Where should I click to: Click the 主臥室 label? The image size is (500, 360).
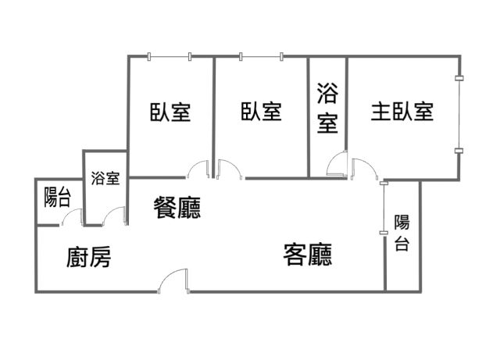pos(402,112)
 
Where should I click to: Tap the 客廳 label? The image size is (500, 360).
pos(308,255)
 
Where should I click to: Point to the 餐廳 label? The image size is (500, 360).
pos(177,208)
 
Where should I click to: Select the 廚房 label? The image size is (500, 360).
pos(89,258)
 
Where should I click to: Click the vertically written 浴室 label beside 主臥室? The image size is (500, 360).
pos(327,108)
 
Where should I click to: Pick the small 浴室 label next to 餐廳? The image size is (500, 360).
pos(105,179)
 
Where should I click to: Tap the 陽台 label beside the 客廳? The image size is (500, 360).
pos(402,233)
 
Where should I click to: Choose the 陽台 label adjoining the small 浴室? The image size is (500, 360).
pos(57,198)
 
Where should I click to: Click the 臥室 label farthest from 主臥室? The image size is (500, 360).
pos(170,112)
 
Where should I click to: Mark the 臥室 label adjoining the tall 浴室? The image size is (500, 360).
pos(261,112)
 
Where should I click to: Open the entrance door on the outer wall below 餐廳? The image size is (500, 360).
pos(173,280)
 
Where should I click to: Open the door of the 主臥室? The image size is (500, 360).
pos(365,169)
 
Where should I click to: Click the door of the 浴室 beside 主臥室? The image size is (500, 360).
pos(337,163)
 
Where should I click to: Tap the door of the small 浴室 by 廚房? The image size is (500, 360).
pos(113,216)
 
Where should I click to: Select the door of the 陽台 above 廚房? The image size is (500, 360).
pos(72,217)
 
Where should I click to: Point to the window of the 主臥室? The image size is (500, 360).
pos(459,115)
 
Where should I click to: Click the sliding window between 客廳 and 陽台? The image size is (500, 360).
pos(384,207)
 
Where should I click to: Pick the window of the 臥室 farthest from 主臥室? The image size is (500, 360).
pos(170,57)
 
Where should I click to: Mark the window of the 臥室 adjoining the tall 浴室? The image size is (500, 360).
pos(261,57)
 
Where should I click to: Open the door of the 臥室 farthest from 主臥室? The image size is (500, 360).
pos(198,169)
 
